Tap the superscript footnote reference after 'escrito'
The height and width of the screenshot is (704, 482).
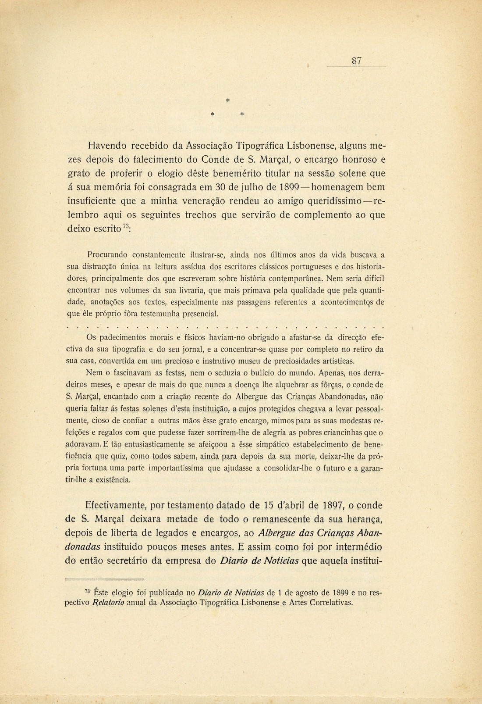(x=125, y=226)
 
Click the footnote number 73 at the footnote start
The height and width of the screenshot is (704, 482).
(x=87, y=590)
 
